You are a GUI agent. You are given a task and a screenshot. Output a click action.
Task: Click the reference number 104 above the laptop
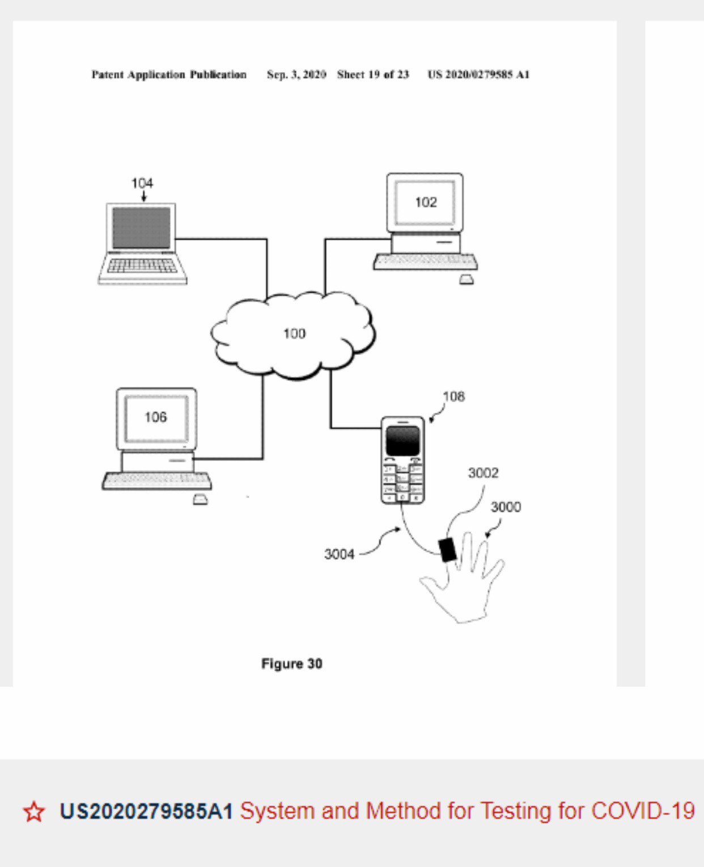tap(142, 183)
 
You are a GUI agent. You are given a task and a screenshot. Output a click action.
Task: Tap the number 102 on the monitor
tap(426, 202)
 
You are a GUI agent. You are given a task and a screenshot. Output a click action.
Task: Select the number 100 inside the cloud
tap(294, 333)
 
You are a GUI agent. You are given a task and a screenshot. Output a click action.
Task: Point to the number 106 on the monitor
tap(155, 417)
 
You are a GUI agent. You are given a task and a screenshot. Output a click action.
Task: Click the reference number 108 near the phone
tap(453, 396)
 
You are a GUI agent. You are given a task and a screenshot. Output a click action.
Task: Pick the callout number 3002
tap(483, 473)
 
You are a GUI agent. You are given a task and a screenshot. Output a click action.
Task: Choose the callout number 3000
tap(506, 507)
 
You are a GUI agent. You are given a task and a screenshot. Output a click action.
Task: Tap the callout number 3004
tap(339, 554)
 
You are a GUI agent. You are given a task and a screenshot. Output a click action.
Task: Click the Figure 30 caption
tap(291, 663)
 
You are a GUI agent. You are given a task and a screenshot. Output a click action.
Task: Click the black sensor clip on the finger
tap(448, 550)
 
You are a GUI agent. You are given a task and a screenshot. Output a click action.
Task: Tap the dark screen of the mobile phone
tap(402, 441)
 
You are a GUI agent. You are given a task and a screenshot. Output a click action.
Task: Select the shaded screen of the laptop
tap(141, 227)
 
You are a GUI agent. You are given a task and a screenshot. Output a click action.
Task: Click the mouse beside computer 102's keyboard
tap(466, 280)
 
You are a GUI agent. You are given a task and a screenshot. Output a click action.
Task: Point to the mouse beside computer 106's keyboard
tap(200, 500)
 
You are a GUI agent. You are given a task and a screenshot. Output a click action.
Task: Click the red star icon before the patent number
tap(34, 811)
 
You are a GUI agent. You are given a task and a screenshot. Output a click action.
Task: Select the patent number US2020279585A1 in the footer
tap(146, 811)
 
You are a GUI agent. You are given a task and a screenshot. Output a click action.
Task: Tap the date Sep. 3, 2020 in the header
tap(296, 75)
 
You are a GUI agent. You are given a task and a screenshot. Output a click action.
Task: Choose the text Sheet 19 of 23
tap(373, 75)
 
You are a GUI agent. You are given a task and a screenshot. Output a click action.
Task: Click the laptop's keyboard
tap(142, 265)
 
